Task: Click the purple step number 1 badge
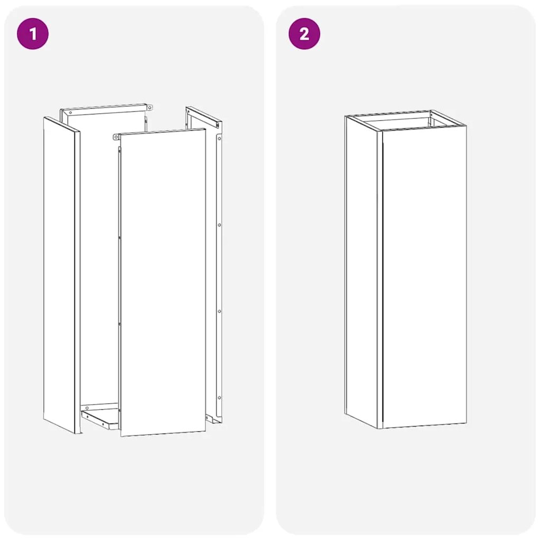33,34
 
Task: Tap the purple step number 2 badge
304,34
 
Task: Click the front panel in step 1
163,281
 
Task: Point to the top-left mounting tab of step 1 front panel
116,137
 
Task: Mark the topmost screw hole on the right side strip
219,138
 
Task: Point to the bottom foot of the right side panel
214,419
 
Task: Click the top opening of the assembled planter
405,121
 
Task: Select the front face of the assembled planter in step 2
424,275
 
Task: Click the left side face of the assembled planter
363,270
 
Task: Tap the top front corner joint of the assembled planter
381,130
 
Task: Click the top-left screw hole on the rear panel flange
69,112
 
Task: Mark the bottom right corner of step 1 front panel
204,430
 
